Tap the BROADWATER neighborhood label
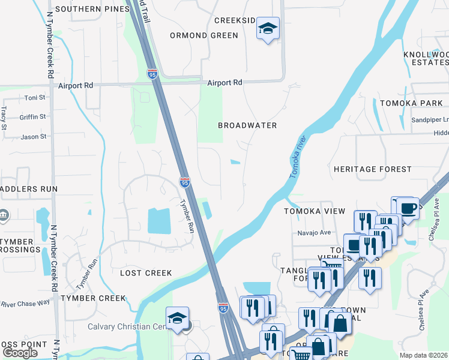(x=247, y=125)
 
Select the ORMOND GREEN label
(x=204, y=35)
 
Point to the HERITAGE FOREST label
(x=373, y=170)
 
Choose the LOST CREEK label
(x=146, y=273)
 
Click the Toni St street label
(x=35, y=98)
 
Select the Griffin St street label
(x=33, y=117)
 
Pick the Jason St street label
(x=34, y=137)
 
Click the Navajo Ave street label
(x=314, y=233)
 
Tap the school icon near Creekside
(x=268, y=28)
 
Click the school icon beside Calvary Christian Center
(x=178, y=318)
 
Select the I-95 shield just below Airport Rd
(x=152, y=74)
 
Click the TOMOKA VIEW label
(x=315, y=211)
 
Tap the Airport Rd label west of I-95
(x=76, y=86)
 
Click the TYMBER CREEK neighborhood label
(x=94, y=298)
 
